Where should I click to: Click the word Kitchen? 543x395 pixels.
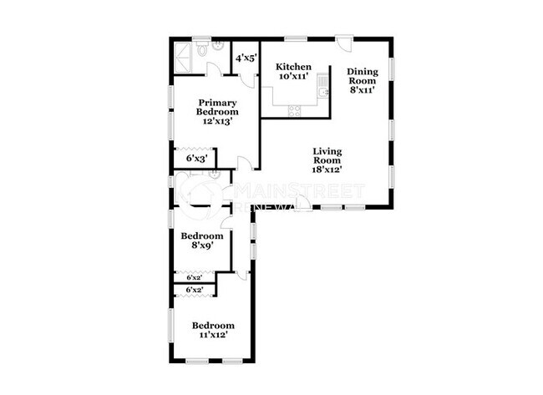point(294,67)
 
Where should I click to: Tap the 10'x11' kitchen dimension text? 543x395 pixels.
point(294,76)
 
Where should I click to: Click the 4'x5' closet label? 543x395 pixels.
point(246,58)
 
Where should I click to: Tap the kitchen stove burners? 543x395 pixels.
point(294,109)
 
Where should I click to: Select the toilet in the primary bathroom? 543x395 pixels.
point(216,48)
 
